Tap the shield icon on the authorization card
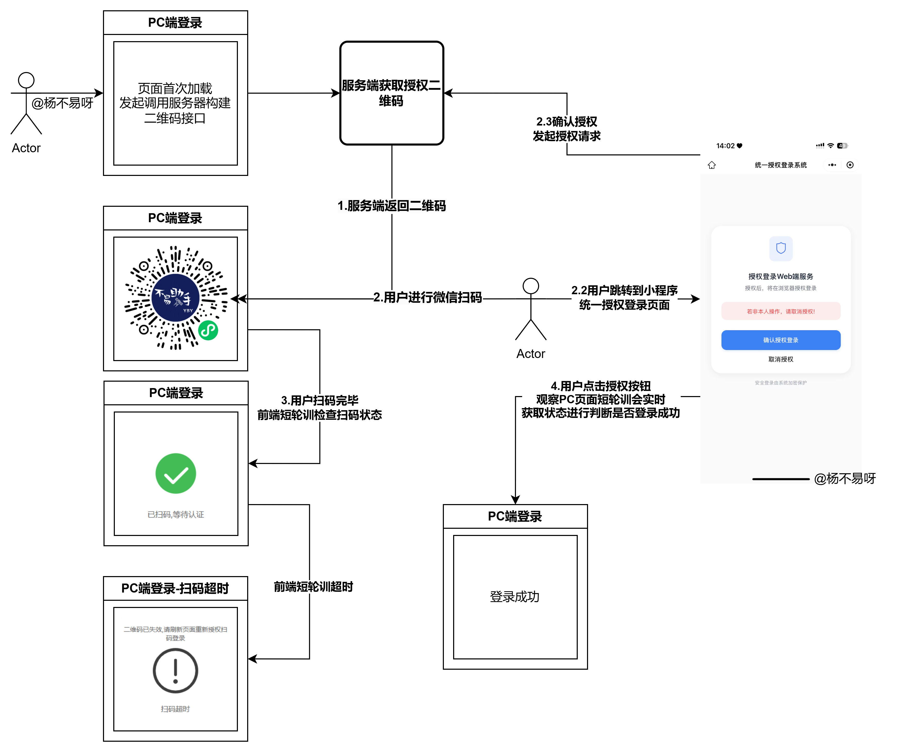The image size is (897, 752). coord(781,248)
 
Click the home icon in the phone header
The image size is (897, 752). coord(712,165)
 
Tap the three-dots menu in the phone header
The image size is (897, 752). coord(832,165)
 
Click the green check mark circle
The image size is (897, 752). coord(176,473)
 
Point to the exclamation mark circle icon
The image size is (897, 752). coord(175,670)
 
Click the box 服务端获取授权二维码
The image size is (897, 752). coord(391,93)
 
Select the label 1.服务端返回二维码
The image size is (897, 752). coord(392,206)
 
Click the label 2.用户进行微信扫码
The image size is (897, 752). coord(428,297)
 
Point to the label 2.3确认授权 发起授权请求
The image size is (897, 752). coord(567,129)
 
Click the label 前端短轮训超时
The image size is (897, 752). coord(313,587)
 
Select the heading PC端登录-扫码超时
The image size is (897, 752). coord(175,588)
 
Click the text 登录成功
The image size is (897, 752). coord(515,597)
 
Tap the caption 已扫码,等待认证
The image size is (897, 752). coord(176,515)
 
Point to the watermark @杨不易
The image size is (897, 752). coord(838,478)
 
